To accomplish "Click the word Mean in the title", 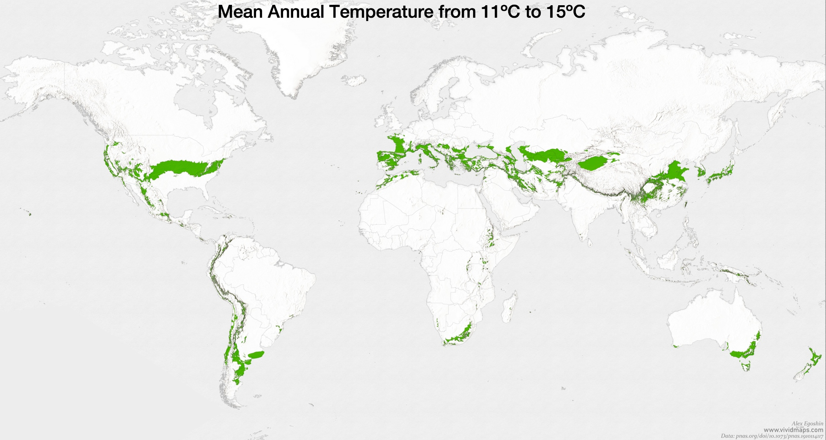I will click(240, 12).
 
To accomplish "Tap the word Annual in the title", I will click(296, 12).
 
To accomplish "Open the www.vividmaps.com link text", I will click(793, 430).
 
